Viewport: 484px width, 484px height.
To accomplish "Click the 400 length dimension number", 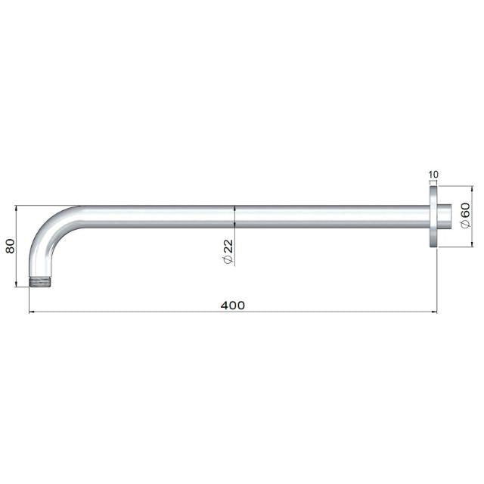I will tap(233, 305).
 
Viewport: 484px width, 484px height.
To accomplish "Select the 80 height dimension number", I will tap(11, 246).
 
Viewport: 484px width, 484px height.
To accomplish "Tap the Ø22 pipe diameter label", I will tap(228, 250).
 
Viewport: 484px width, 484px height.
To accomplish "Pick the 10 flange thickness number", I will tap(433, 175).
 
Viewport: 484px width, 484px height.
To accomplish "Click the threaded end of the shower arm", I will tap(39, 283).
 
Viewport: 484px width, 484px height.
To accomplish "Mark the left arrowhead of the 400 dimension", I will tap(32, 312).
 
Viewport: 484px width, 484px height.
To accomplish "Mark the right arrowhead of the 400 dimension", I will tap(434, 312).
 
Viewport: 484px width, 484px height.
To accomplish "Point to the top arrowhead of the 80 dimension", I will tap(17, 207).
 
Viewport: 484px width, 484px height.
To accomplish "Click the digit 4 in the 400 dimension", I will tap(225, 305).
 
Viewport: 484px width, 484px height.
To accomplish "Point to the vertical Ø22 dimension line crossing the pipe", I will tap(236, 216).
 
